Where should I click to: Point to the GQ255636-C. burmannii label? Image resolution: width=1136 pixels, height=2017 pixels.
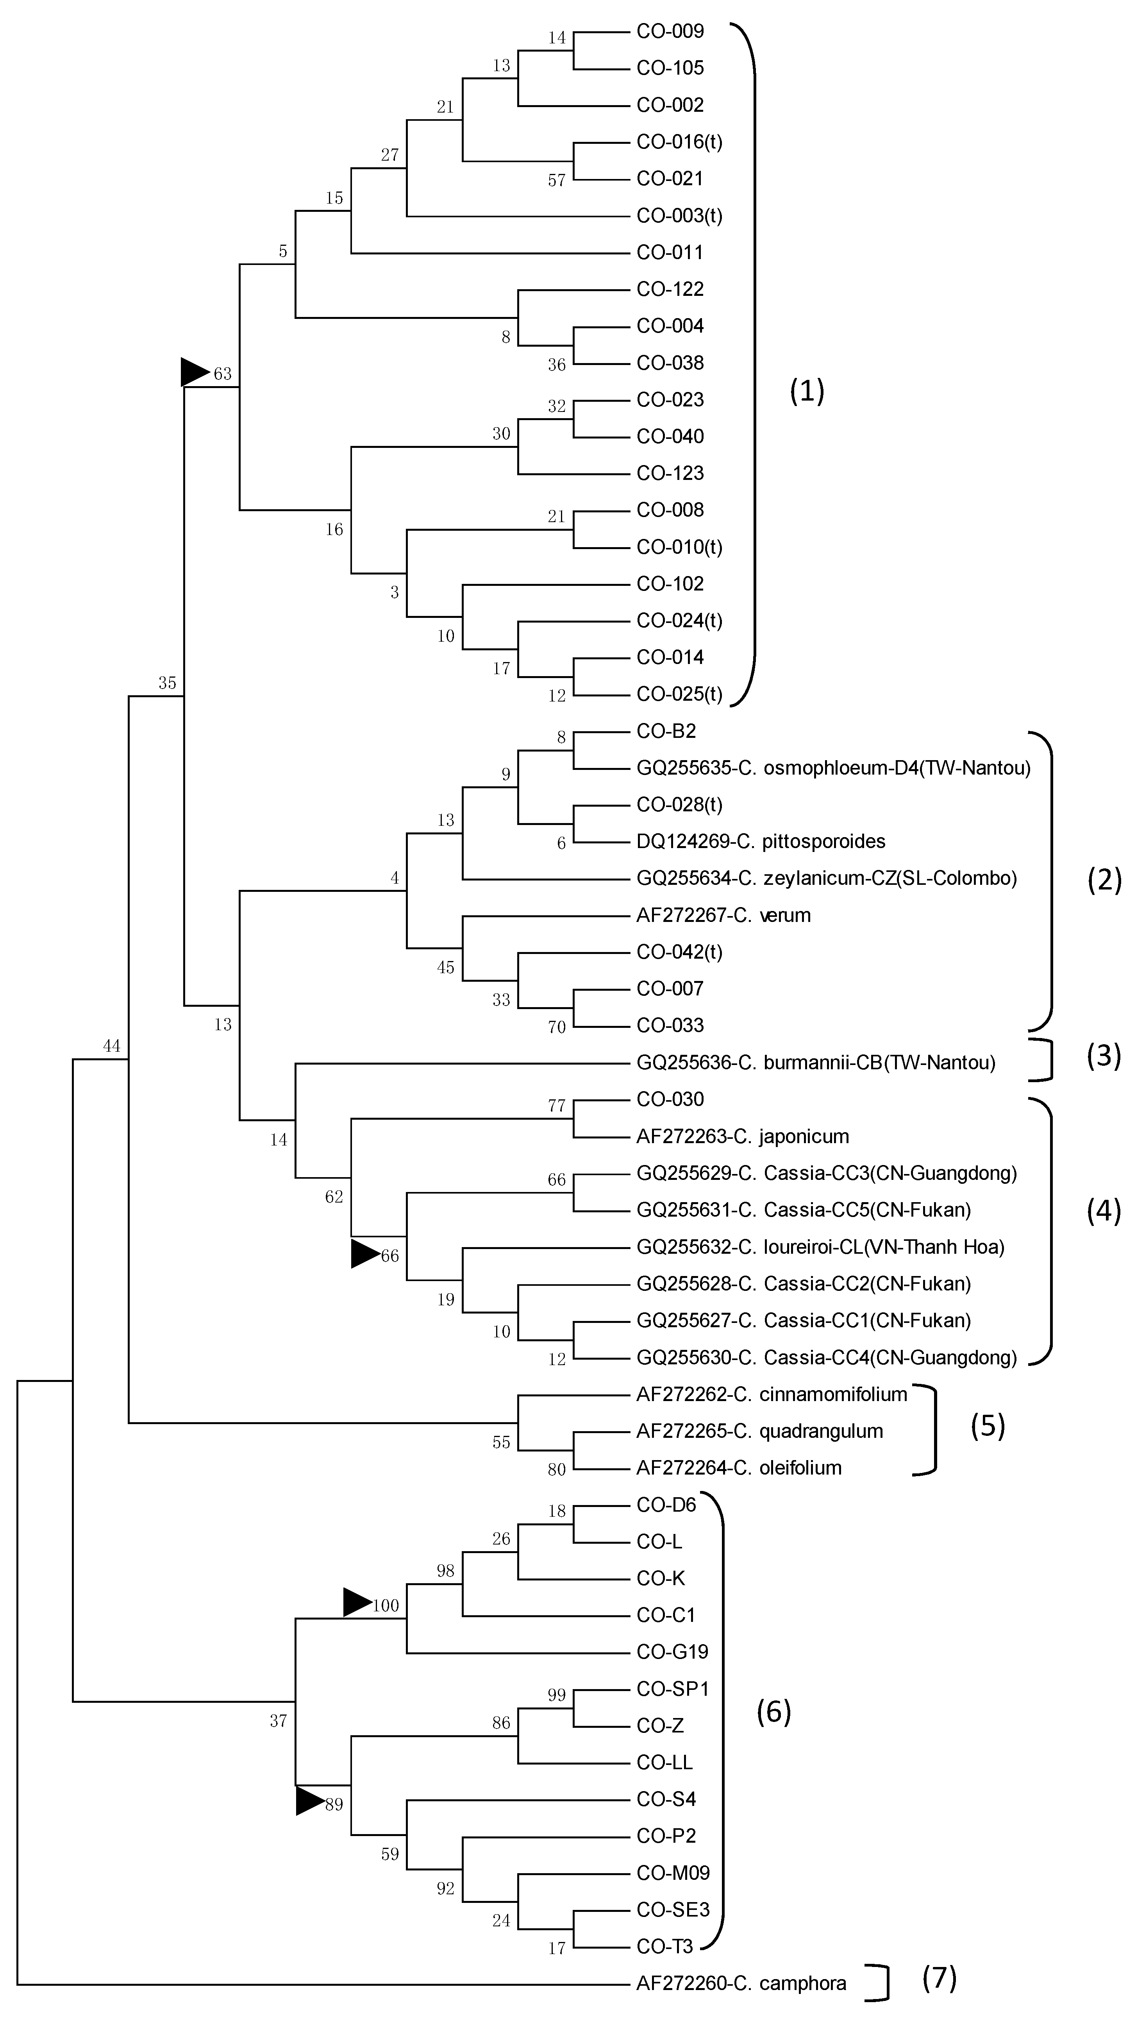click(x=816, y=1063)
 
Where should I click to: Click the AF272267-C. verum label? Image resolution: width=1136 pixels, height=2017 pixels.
click(x=723, y=915)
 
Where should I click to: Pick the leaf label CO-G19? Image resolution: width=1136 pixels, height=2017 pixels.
click(x=673, y=1652)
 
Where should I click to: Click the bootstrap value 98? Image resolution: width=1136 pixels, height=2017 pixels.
click(x=445, y=1571)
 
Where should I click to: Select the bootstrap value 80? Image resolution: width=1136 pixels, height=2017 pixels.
click(x=557, y=1470)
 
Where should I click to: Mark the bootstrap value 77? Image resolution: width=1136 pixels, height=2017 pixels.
click(x=557, y=1106)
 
